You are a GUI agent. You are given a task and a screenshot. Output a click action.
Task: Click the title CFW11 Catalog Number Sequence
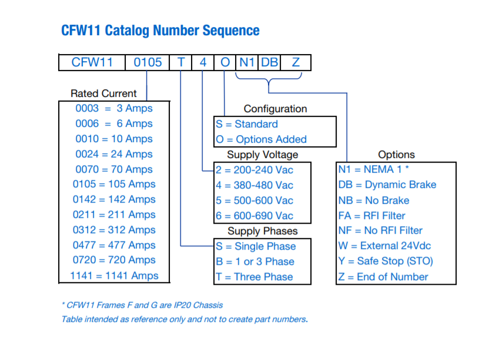160,31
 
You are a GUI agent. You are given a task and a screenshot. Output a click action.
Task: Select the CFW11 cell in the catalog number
92,62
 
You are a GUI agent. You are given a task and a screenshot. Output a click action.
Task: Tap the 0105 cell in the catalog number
148,62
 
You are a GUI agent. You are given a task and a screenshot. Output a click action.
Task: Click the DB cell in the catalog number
269,62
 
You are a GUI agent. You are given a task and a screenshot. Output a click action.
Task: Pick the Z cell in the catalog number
296,62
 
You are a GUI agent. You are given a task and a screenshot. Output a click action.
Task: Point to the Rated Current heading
103,93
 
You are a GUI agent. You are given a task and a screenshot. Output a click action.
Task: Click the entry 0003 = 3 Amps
114,109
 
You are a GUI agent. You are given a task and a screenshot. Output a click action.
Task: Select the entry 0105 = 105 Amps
114,184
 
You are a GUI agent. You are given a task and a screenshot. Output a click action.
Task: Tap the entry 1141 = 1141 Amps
114,275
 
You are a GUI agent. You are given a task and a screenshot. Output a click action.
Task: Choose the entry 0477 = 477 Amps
114,245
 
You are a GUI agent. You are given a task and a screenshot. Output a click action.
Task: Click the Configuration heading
275,109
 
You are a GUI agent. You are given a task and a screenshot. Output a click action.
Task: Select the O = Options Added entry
261,139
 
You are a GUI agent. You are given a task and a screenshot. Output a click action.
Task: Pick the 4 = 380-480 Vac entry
254,185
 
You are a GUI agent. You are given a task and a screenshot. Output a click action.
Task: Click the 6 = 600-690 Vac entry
254,216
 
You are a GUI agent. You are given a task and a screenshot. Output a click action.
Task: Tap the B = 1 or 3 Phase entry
255,261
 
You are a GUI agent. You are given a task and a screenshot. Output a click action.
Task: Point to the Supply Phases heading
263,231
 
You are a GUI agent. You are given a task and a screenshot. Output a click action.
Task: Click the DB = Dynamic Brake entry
387,184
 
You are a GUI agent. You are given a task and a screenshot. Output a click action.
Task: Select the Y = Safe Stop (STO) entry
386,261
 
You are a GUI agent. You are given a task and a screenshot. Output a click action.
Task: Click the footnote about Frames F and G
142,305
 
